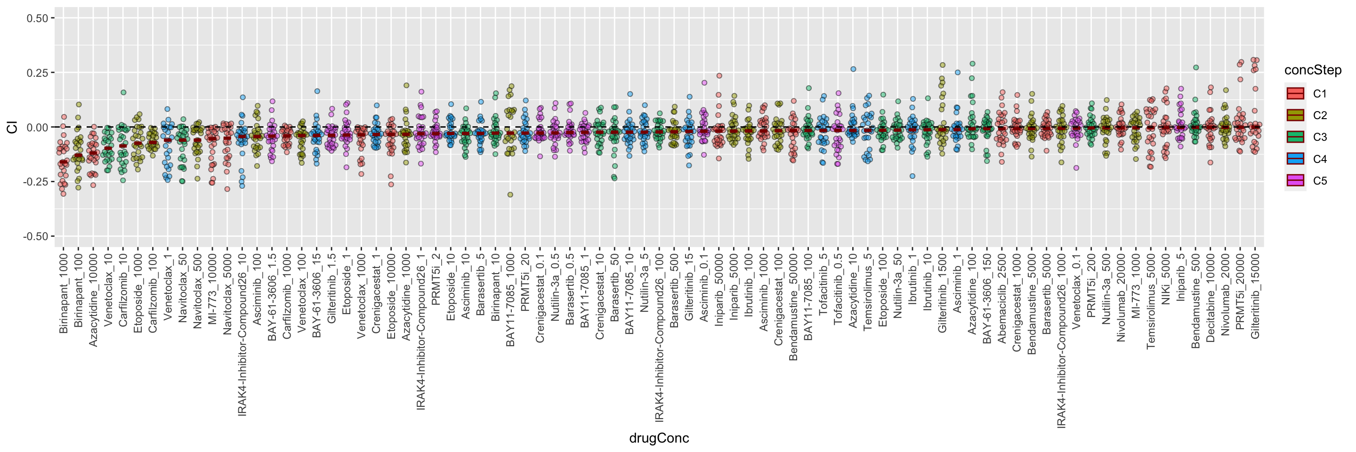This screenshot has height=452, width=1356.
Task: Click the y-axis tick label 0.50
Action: click(x=37, y=18)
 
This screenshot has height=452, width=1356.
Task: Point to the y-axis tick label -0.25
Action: click(x=35, y=182)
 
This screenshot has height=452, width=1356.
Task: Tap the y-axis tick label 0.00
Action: click(x=37, y=127)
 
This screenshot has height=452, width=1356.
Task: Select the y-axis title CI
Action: click(x=12, y=127)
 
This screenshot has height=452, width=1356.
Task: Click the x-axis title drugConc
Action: click(x=659, y=438)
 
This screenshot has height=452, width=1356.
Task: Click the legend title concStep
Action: click(x=1312, y=71)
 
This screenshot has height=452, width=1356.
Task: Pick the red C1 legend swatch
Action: click(x=1295, y=94)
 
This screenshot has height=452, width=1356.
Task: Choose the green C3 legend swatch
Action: click(x=1295, y=137)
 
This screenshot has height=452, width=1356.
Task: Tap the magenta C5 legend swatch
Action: click(x=1295, y=180)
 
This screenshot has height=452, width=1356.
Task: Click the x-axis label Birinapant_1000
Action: click(x=64, y=292)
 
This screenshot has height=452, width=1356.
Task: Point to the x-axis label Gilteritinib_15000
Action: click(x=1255, y=296)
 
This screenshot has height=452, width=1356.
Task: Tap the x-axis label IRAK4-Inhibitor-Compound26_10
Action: click(x=242, y=335)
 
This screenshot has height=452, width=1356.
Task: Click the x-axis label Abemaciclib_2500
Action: click(x=1002, y=299)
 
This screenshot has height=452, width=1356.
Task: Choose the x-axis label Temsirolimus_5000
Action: click(x=1151, y=300)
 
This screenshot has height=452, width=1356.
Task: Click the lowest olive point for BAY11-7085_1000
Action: click(x=510, y=195)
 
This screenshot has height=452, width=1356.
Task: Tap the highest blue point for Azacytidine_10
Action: click(x=853, y=69)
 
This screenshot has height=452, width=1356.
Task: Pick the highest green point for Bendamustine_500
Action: click(x=1195, y=67)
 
